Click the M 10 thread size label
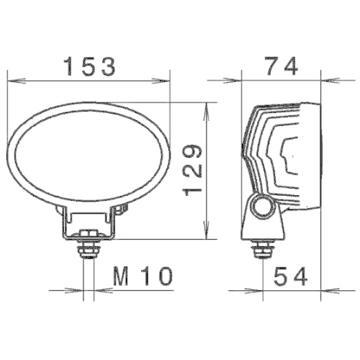[143, 276]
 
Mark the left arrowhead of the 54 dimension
[266, 290]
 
